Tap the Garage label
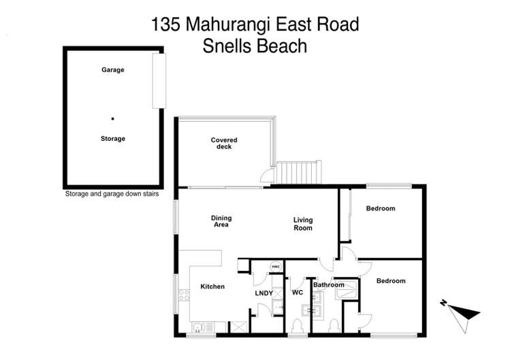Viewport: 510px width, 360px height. [x=113, y=69]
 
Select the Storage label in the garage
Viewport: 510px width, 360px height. [x=113, y=139]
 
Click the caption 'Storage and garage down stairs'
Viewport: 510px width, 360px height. [x=113, y=193]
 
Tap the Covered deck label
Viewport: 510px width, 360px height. [x=224, y=144]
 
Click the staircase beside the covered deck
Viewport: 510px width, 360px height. [x=298, y=171]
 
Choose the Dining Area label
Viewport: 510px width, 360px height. [x=221, y=220]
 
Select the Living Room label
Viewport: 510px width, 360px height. [x=303, y=224]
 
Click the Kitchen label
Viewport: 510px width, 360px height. [x=212, y=287]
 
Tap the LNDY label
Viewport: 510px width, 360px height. [x=264, y=293]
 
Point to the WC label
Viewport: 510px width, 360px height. [x=297, y=293]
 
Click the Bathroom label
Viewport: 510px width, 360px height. [x=329, y=285]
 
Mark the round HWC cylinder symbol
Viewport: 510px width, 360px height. [x=276, y=266]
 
